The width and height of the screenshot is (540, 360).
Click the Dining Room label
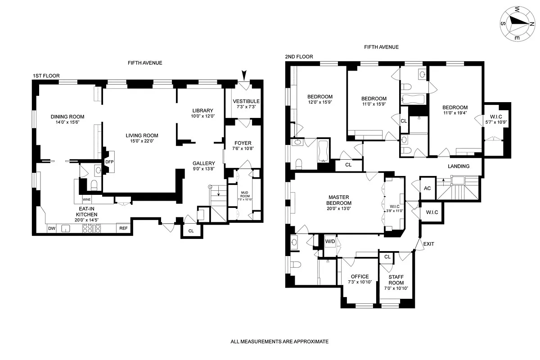point(67,117)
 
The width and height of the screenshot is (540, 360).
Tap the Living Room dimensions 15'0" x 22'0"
point(142,141)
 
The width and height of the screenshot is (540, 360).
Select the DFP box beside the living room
point(109,162)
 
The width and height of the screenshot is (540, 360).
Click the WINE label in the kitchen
point(86,199)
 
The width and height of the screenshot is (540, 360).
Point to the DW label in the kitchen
point(52,228)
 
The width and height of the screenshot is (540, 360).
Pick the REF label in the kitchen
point(123,228)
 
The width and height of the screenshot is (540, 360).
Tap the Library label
point(202,111)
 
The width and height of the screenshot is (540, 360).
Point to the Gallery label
point(204,163)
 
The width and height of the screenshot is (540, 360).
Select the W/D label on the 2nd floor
point(330,241)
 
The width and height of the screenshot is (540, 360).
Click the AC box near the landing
point(427,188)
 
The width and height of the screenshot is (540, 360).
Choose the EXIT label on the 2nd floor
point(429,244)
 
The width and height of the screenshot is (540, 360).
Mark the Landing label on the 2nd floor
point(459,166)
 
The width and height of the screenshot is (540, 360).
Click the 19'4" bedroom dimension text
point(454,113)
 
